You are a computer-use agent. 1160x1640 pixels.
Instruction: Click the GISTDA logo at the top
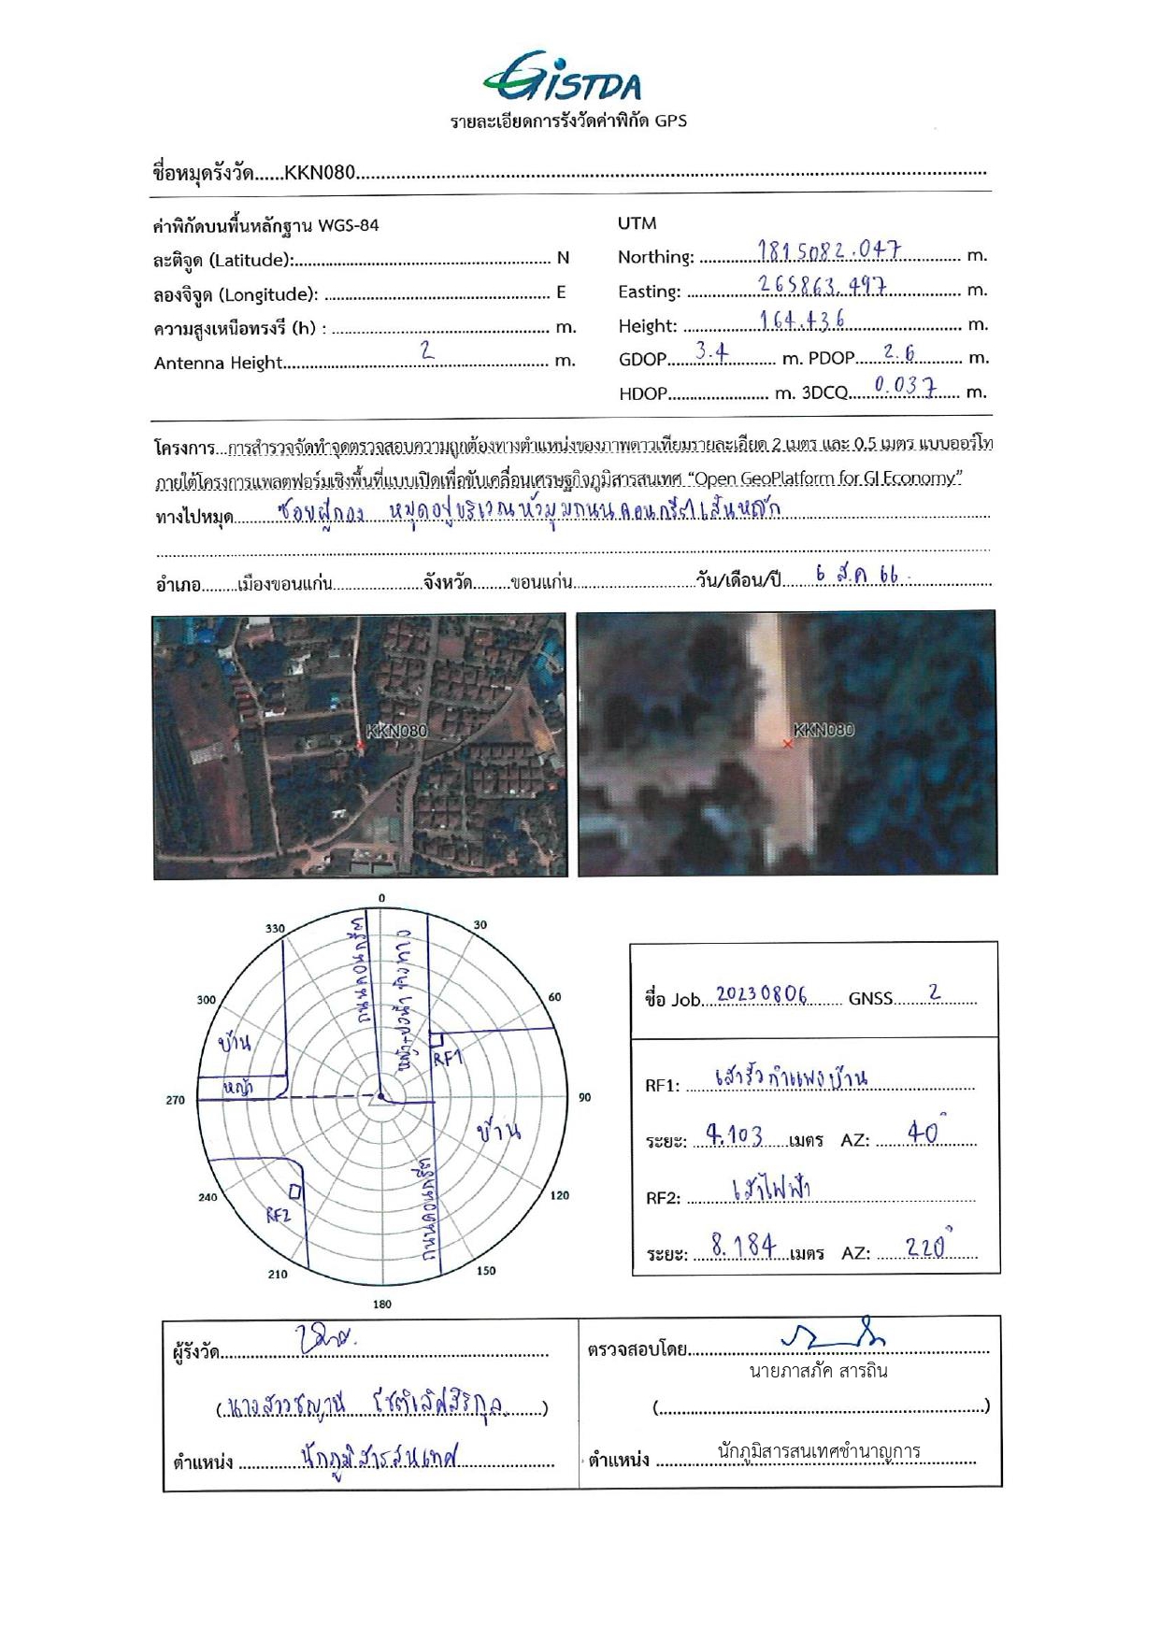pyautogui.click(x=563, y=78)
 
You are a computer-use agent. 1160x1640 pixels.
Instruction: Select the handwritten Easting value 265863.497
pyautogui.click(x=823, y=285)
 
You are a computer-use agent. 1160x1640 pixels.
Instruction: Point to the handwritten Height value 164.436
pyautogui.click(x=802, y=320)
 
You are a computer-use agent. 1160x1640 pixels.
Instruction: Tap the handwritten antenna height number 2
pyautogui.click(x=427, y=350)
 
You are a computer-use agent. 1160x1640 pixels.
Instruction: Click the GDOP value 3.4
pyautogui.click(x=711, y=352)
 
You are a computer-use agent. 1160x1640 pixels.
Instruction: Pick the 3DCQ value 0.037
pyautogui.click(x=904, y=384)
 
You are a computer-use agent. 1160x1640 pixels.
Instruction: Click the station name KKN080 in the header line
pyautogui.click(x=320, y=172)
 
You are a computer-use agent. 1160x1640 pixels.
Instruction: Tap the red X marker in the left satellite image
pyautogui.click(x=360, y=745)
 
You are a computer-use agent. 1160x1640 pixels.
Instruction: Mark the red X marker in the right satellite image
pyautogui.click(x=788, y=744)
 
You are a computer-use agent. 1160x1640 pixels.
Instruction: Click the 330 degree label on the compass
pyautogui.click(x=275, y=928)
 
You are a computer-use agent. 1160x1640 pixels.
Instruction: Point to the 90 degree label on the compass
pyautogui.click(x=584, y=1097)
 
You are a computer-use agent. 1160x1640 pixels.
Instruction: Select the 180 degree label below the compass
pyautogui.click(x=381, y=1304)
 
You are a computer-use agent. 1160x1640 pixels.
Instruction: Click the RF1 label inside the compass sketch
pyautogui.click(x=448, y=1058)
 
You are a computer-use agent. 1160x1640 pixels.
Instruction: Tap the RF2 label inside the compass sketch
pyautogui.click(x=279, y=1215)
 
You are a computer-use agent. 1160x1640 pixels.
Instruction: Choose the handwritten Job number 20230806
pyautogui.click(x=761, y=994)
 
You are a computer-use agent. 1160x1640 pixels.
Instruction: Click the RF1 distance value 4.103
pyautogui.click(x=734, y=1135)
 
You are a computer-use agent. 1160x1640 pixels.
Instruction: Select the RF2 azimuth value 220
pyautogui.click(x=927, y=1247)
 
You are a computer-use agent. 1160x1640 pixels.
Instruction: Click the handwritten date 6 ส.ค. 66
pyautogui.click(x=856, y=576)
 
